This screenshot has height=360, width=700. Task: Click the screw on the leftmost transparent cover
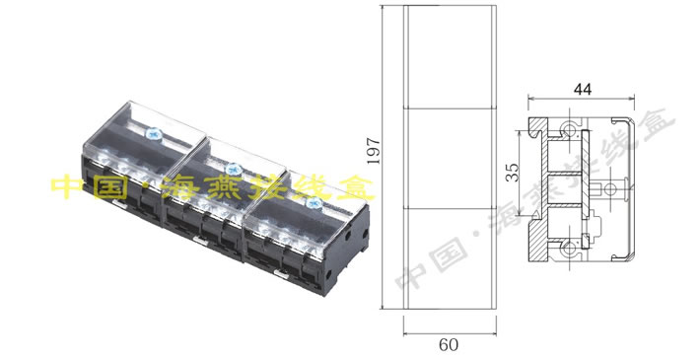(154, 134)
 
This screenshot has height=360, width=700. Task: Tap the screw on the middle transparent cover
(234, 170)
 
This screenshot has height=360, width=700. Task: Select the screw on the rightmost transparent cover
(313, 203)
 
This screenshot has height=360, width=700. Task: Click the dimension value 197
(374, 151)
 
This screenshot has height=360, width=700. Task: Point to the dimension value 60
(449, 345)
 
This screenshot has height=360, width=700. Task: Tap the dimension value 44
(583, 90)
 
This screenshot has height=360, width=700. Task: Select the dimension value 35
(515, 173)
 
